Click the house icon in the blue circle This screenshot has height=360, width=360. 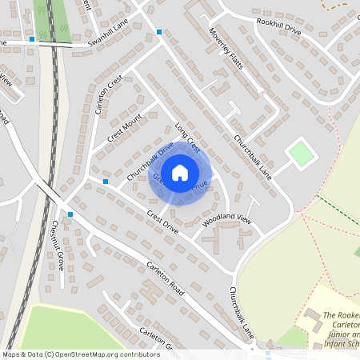180,172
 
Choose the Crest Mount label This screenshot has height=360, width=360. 124,128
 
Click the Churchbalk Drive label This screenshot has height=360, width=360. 150,160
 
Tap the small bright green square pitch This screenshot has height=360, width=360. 300,154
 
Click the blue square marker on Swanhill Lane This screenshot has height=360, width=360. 32,38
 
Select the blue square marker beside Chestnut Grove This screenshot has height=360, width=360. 70,214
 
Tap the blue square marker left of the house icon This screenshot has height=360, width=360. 106,182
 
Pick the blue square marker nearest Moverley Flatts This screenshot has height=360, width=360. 160,32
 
